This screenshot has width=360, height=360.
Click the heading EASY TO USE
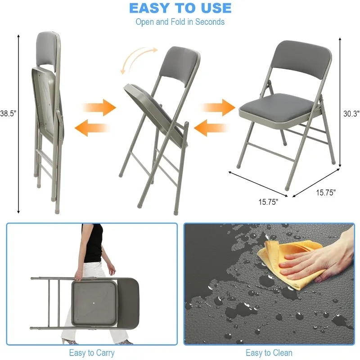tap(180, 8)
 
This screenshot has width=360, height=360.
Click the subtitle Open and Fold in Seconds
tap(180, 22)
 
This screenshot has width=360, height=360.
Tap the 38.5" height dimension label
tap(8, 114)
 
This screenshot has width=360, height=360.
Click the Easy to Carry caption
tap(91, 353)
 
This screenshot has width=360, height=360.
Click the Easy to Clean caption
tap(269, 353)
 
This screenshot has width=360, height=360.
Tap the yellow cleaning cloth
tap(288, 261)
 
